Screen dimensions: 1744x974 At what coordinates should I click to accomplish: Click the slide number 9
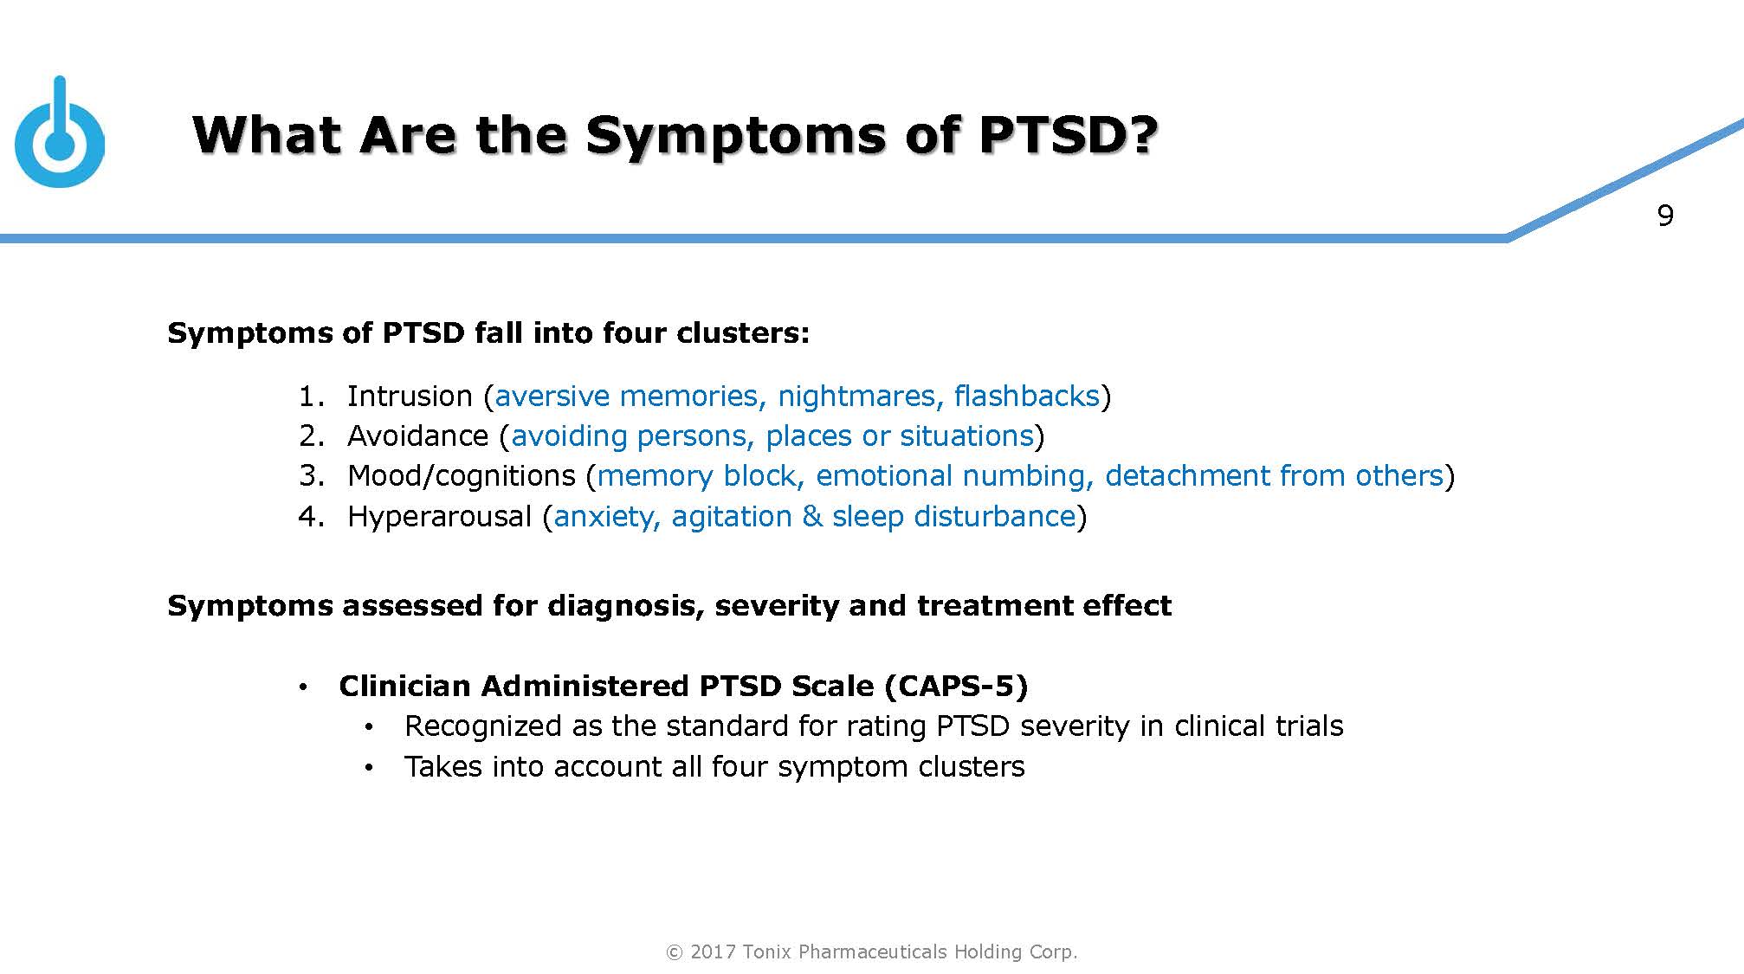coord(1664,216)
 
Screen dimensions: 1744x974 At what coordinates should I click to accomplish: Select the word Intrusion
coord(409,396)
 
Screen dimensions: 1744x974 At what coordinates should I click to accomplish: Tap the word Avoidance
coord(417,435)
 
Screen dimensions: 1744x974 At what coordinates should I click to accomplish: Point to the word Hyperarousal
coord(439,517)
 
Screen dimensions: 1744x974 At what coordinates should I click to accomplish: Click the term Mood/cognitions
coord(461,476)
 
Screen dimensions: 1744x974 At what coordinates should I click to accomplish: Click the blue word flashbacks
coord(1026,396)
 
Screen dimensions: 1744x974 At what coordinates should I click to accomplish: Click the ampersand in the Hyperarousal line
coord(811,516)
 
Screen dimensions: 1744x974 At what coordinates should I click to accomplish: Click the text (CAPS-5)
coord(956,686)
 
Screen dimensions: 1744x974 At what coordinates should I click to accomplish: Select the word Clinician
coord(405,686)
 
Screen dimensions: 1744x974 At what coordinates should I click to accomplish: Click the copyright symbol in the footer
coord(674,952)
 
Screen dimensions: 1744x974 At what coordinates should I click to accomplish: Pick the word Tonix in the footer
coord(767,951)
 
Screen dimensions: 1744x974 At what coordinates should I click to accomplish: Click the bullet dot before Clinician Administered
coord(302,687)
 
